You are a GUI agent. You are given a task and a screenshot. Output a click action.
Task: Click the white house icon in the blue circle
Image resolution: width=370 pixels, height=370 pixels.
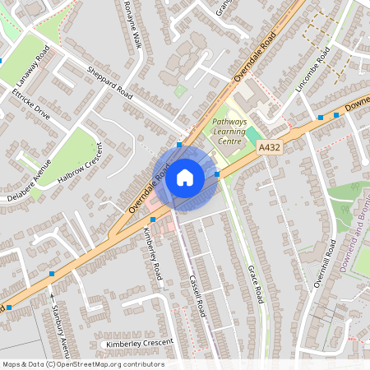185,177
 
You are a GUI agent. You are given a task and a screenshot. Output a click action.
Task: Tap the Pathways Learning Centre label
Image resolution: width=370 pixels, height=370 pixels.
234,131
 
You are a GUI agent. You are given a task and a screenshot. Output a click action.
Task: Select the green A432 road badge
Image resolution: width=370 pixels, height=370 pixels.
270,146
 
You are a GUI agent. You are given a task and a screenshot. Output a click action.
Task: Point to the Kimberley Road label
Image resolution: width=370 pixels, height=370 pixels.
155,257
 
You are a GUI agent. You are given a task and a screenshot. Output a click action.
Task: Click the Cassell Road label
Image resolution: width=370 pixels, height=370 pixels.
198,295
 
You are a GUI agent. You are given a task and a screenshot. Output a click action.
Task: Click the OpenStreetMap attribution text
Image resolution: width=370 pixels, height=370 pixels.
82,364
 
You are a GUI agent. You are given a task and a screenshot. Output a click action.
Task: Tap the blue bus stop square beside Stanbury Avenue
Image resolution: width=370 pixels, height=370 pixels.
53,273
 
